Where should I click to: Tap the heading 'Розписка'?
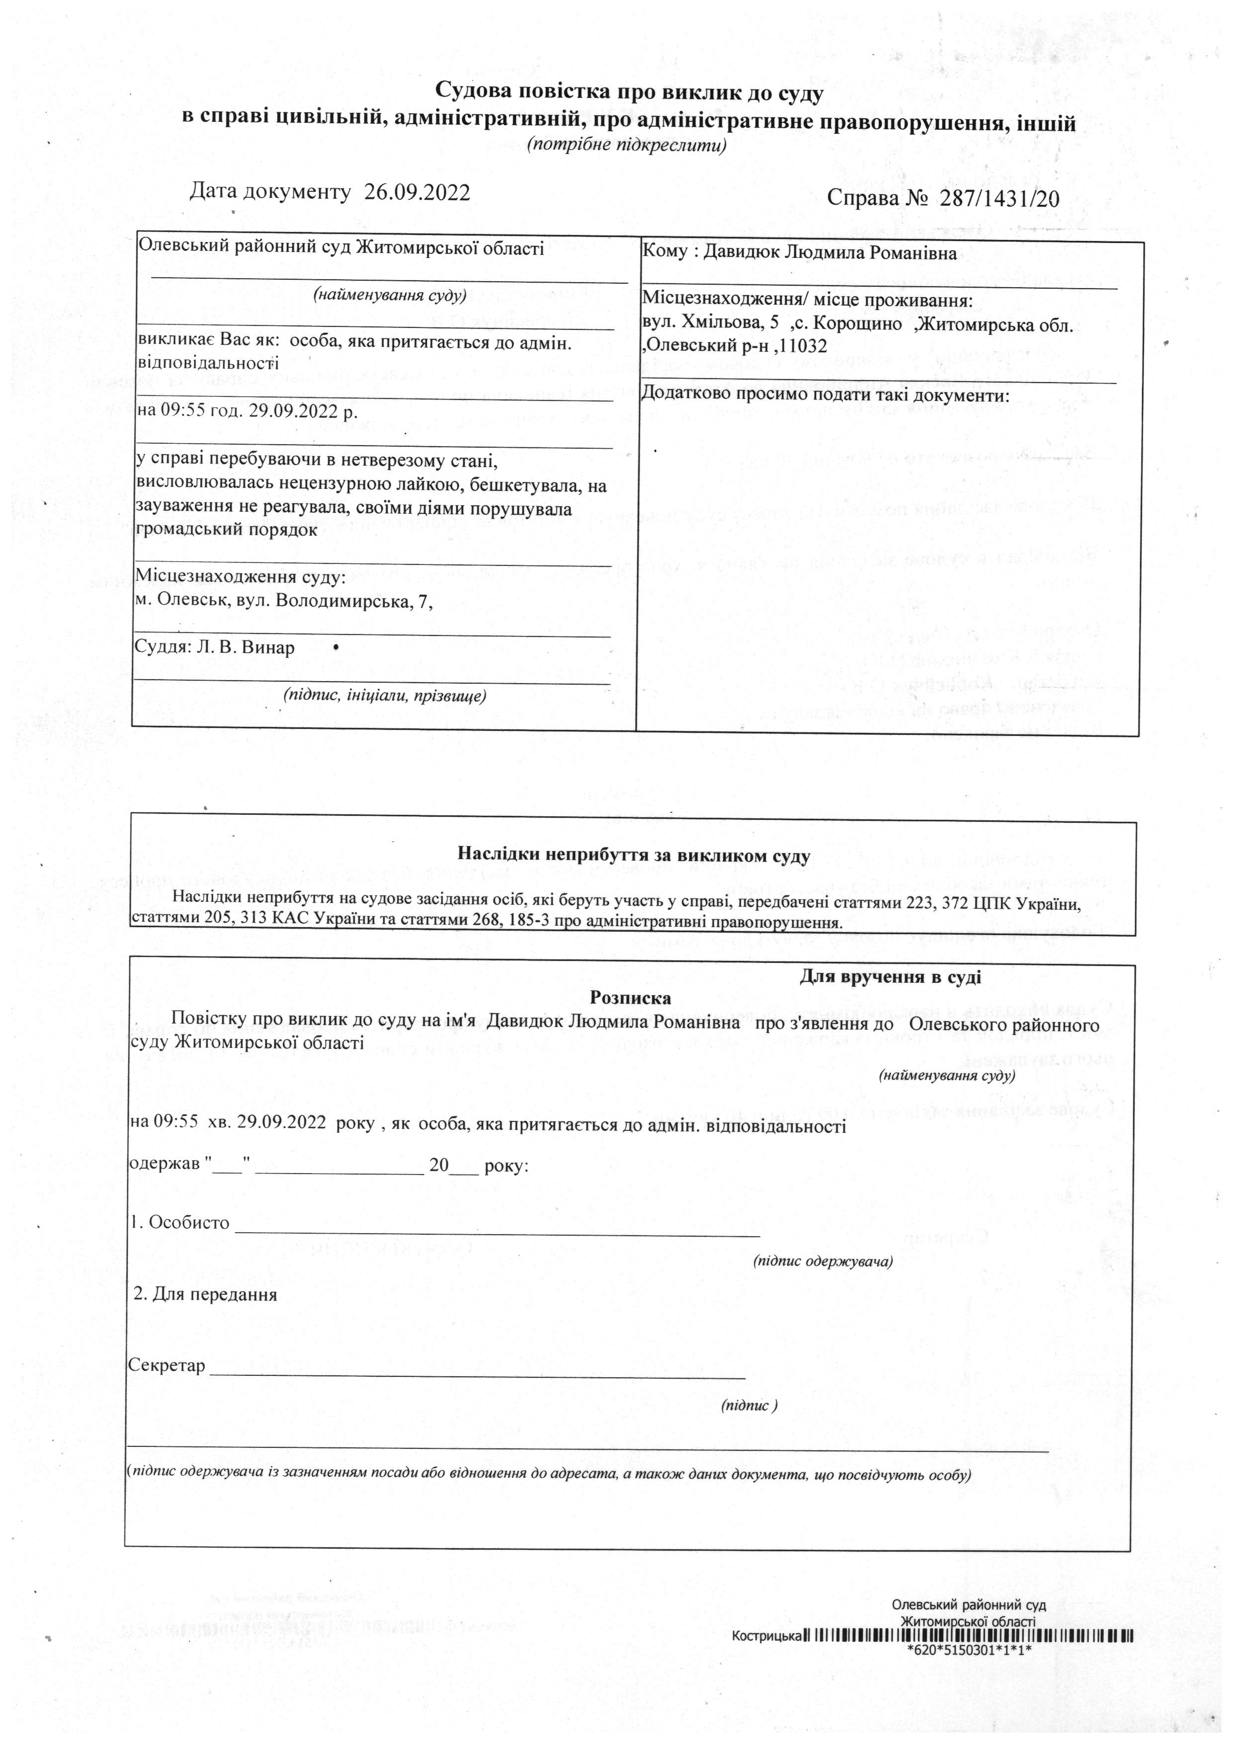click(630, 998)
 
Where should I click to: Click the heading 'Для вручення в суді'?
click(890, 977)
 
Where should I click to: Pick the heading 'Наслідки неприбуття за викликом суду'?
click(634, 856)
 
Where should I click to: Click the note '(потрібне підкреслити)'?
click(627, 145)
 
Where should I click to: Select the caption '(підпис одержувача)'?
click(822, 1261)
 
